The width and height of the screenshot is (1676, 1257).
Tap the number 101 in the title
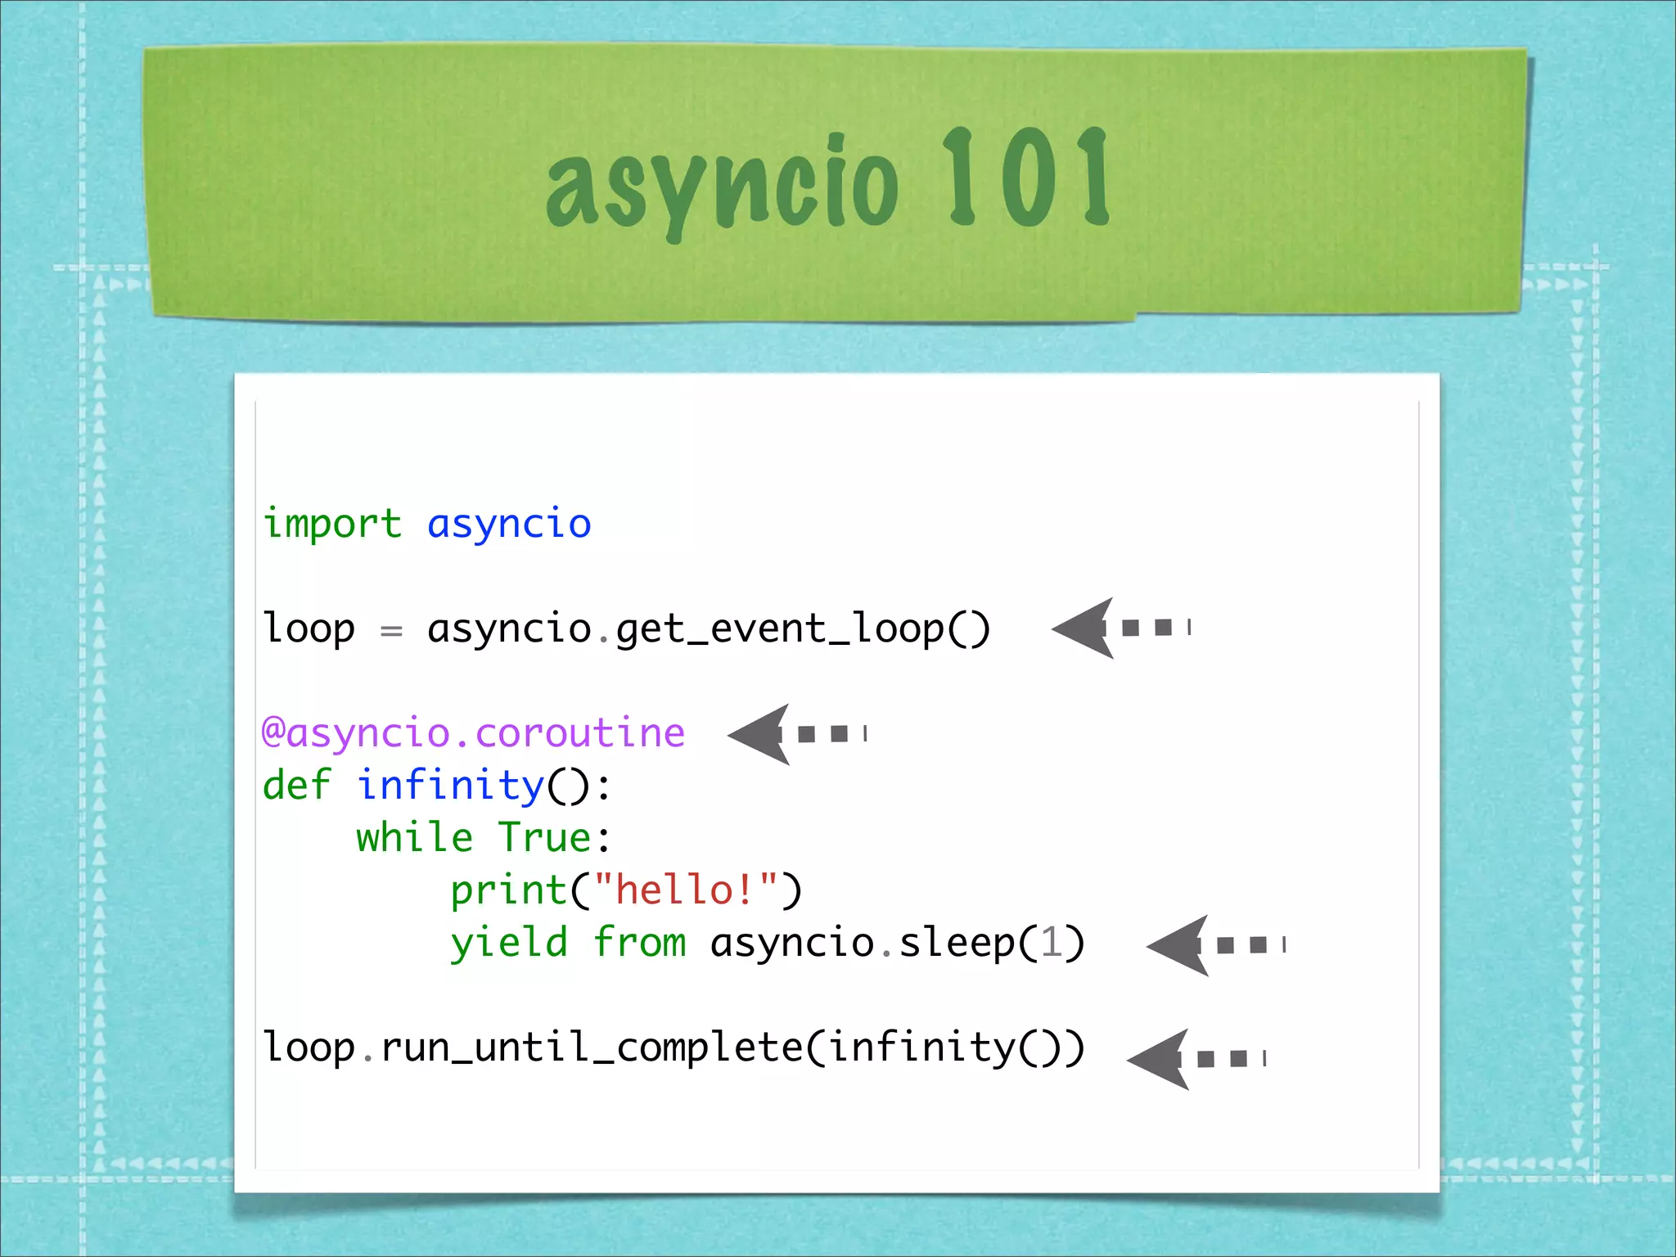[1026, 178]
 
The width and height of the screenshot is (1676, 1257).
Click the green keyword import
[332, 524]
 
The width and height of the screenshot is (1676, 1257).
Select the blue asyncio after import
[509, 524]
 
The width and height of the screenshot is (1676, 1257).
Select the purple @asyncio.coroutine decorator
[473, 732]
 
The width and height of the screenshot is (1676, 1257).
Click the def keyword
[296, 785]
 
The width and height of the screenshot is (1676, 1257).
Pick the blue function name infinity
[450, 785]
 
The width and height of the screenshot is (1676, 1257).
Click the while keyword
[414, 837]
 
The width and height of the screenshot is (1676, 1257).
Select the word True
[544, 837]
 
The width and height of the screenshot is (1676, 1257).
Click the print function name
[508, 890]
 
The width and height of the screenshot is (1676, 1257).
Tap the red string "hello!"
[686, 890]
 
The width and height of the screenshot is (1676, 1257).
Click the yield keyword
[508, 943]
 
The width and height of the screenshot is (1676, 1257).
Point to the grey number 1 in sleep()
[1051, 942]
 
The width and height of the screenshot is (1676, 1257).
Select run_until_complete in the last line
[591, 1047]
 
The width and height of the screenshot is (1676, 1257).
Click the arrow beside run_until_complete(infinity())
[1194, 1059]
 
